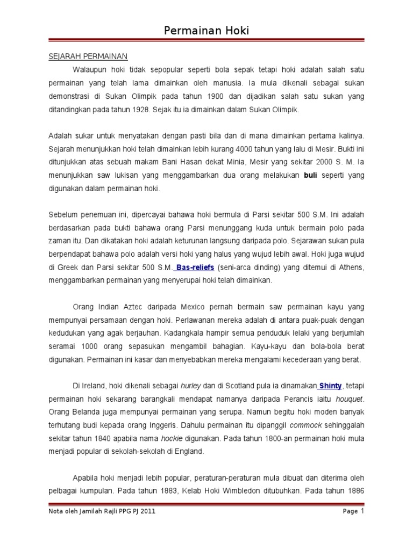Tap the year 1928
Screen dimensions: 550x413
136,110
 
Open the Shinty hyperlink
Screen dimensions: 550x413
331,385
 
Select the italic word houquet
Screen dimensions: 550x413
350,399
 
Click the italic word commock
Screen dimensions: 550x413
304,425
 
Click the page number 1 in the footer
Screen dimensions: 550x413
363,511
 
